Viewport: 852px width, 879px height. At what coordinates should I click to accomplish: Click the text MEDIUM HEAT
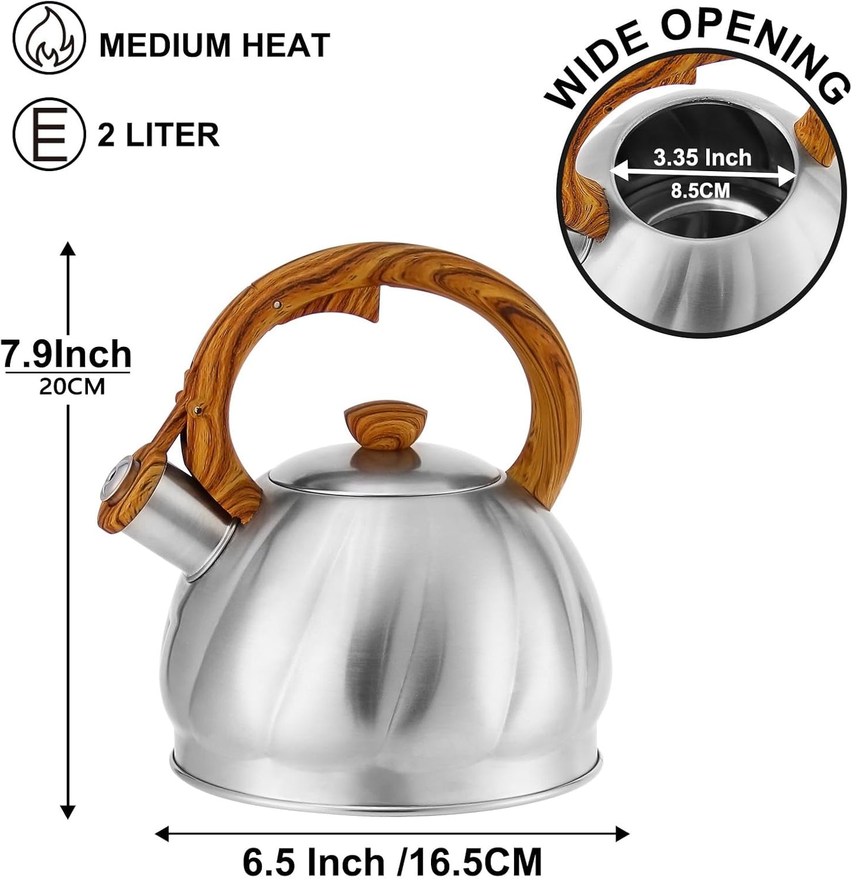[214, 45]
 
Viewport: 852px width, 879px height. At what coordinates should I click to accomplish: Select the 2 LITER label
[159, 134]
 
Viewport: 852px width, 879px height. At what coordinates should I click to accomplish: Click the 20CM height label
[71, 386]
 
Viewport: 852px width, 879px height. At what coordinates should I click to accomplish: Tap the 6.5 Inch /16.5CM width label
[392, 862]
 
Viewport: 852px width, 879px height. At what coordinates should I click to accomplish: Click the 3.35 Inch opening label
[702, 157]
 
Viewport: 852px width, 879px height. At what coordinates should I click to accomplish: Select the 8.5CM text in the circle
[700, 191]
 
